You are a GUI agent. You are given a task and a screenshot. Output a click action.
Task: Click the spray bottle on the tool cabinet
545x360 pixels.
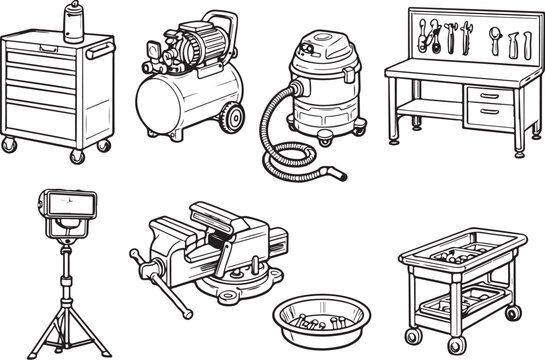coord(72,22)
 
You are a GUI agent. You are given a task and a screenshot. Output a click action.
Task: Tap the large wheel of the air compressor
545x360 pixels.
coord(232,116)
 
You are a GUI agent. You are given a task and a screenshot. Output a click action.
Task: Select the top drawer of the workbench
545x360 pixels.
coord(488,95)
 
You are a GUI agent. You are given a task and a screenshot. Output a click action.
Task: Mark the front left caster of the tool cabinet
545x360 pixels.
coord(11,145)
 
